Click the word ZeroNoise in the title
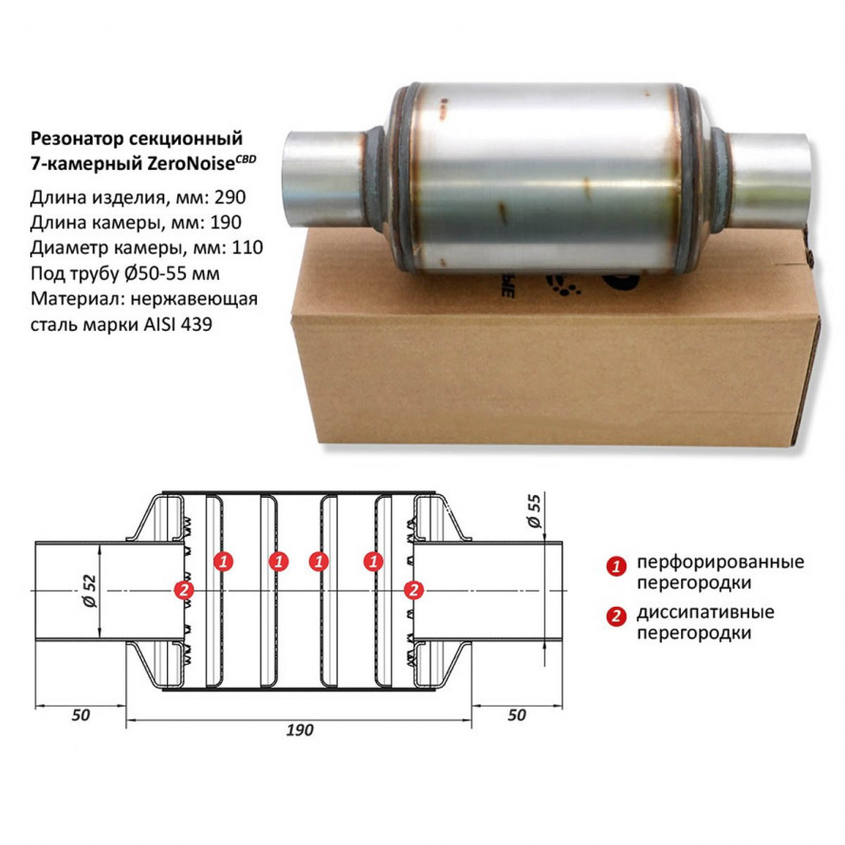(x=192, y=163)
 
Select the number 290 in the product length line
(x=230, y=197)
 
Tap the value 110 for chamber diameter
(x=248, y=248)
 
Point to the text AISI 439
(x=178, y=324)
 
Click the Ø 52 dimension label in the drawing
(x=89, y=591)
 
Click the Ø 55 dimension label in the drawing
(x=534, y=511)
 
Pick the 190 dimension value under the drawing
(x=300, y=729)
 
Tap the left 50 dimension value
(x=81, y=715)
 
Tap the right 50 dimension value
(x=516, y=715)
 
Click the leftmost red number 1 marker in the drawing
(x=223, y=561)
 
